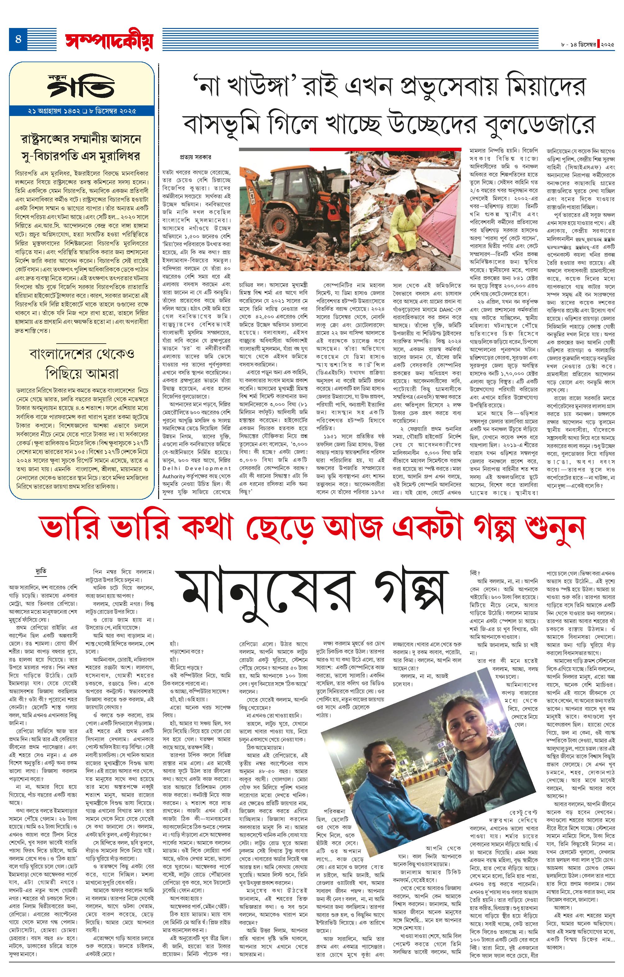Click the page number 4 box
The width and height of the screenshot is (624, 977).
(x=18, y=39)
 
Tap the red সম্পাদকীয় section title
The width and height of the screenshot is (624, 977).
(x=109, y=40)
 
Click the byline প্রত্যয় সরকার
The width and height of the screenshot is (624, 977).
(x=195, y=157)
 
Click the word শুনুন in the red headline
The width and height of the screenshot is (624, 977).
(x=554, y=527)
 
